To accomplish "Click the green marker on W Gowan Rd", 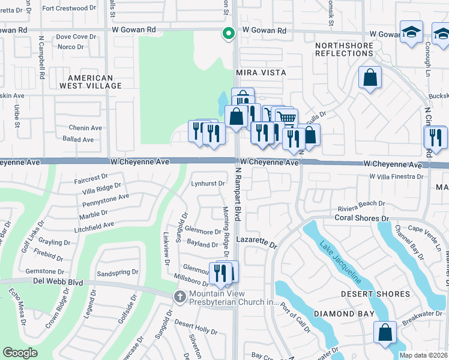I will click(228, 34).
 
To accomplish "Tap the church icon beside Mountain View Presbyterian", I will click(179, 296).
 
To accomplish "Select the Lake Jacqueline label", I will click(340, 262).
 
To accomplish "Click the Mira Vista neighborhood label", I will click(261, 72).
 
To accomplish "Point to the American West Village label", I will click(90, 82).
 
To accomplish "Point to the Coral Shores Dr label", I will click(362, 218).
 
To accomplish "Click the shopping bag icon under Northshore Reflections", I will click(370, 77).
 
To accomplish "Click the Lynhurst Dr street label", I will click(208, 184).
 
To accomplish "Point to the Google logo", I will click(20, 353).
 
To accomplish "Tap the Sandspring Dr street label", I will click(117, 272).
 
